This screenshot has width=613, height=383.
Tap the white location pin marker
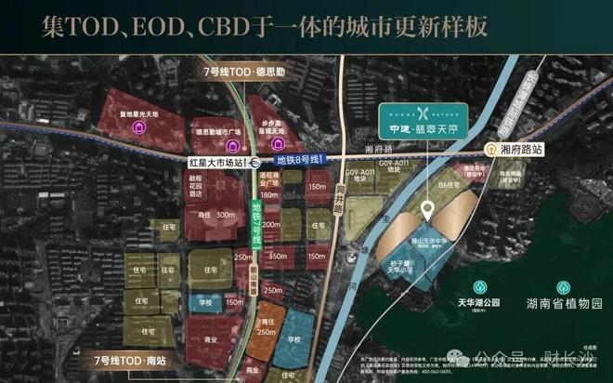428,210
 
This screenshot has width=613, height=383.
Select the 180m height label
270,195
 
